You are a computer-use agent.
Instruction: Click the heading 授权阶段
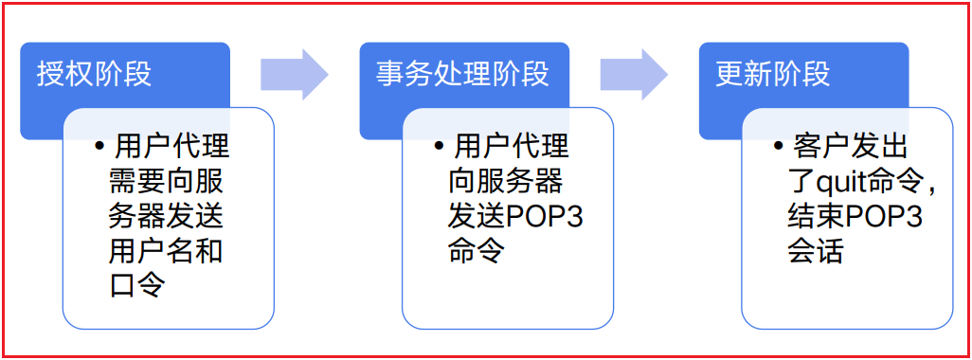point(94,73)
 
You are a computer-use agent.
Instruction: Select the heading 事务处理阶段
point(462,73)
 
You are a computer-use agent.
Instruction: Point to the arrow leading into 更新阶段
point(633,74)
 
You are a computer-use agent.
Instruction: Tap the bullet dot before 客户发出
point(778,148)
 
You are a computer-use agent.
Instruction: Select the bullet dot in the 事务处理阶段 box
point(439,148)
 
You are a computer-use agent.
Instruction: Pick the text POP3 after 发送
point(545,218)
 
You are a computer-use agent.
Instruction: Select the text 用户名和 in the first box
point(167,252)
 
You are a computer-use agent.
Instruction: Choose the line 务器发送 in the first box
point(167,218)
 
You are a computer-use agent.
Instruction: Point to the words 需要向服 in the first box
point(167,183)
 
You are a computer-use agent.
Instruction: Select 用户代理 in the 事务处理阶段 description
point(512,148)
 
